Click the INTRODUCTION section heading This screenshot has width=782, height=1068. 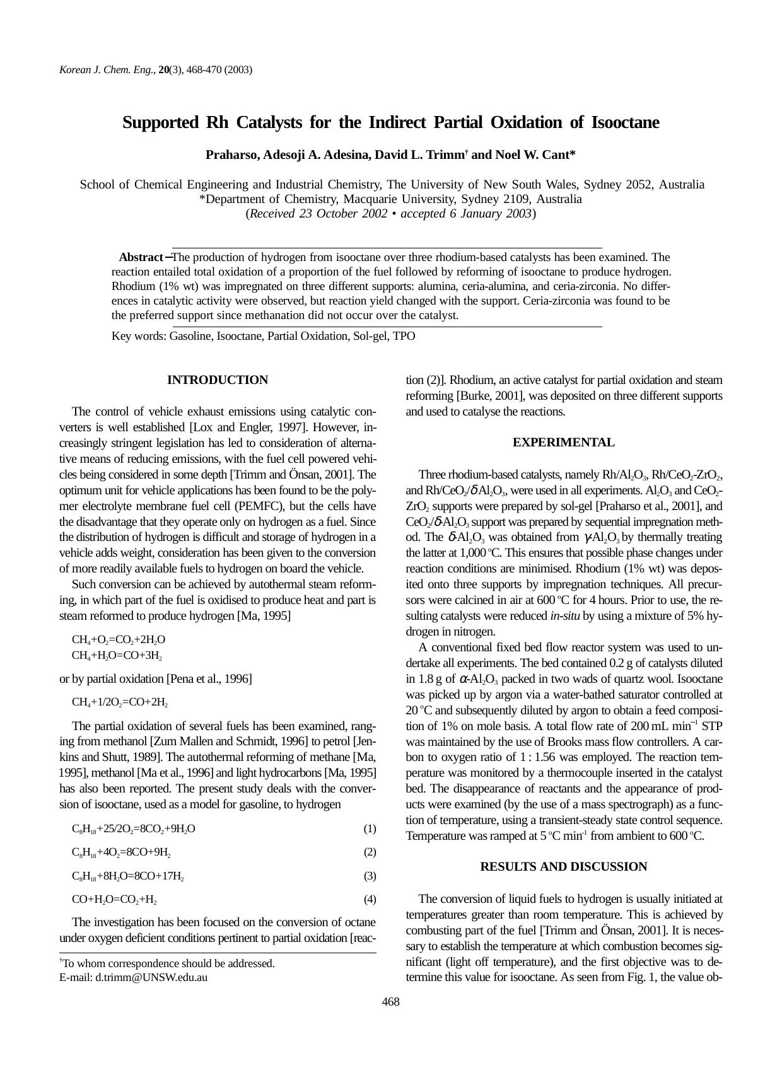coord(217,380)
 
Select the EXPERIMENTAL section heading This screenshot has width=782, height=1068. coord(563,443)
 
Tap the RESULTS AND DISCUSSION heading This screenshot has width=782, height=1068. coord(563,867)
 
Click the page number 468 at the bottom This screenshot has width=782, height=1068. coord(391,1002)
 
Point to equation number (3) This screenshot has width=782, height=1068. coord(370,876)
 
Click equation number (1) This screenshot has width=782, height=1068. coord(370,828)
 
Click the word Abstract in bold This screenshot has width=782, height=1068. coord(141,257)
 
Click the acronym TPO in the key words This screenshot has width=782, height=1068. coord(404,336)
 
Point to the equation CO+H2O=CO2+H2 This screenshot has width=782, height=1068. coord(114,900)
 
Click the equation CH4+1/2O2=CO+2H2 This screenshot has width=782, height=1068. coord(119,702)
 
